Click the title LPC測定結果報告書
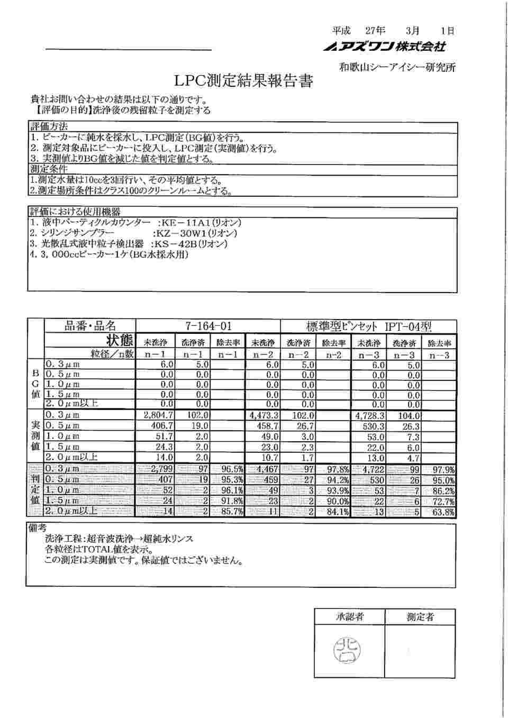[244, 81]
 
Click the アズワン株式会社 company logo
[385, 47]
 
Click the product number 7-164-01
[208, 326]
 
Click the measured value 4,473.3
[264, 416]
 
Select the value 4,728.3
[370, 416]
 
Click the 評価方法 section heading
[49, 127]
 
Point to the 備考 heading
[37, 529]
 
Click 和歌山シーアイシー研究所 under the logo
[397, 67]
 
